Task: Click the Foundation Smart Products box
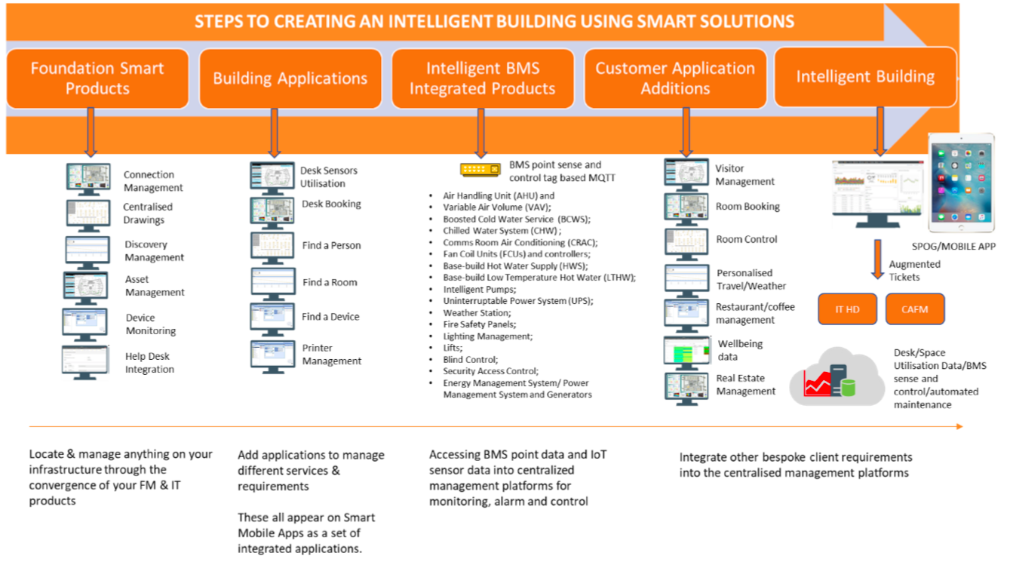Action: pos(97,78)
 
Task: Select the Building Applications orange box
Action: pos(290,78)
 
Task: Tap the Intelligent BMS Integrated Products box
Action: pos(483,78)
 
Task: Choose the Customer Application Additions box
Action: pos(675,78)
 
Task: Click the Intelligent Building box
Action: pos(865,77)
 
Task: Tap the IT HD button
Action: pos(848,309)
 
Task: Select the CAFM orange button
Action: pos(914,309)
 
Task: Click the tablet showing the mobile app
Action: pos(961,183)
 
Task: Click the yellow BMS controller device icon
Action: pos(480,170)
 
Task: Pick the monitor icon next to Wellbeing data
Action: pos(686,352)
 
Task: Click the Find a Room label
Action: pos(330,282)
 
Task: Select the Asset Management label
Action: pos(154,286)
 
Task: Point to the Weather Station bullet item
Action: pos(477,312)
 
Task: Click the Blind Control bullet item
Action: pos(470,359)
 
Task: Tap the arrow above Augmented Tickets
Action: pos(878,259)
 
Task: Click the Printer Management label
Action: pos(332,355)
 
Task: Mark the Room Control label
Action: pos(746,239)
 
